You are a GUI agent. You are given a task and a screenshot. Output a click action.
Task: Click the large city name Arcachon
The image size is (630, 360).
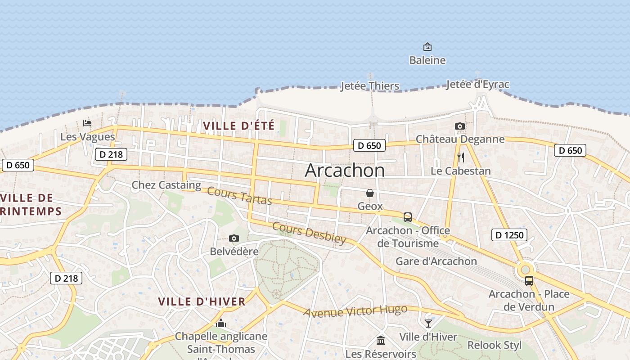345,171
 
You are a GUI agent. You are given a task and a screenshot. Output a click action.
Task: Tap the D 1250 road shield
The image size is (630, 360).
509,235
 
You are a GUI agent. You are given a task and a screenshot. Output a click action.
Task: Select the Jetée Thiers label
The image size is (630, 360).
370,86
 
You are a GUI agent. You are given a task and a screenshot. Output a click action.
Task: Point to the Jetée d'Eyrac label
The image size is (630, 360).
477,84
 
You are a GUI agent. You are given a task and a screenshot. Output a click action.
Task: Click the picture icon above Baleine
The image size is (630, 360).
427,47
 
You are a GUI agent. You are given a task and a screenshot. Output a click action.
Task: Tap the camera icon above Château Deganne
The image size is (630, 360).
459,126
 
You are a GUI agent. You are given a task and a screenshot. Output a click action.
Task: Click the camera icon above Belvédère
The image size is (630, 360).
234,238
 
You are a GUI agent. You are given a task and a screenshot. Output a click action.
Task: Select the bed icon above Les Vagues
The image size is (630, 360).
87,123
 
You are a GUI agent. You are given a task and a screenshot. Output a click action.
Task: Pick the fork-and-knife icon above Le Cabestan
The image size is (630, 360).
460,157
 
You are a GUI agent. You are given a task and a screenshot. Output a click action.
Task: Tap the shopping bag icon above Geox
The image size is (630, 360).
370,193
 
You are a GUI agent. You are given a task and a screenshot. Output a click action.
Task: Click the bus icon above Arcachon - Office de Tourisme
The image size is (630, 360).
408,217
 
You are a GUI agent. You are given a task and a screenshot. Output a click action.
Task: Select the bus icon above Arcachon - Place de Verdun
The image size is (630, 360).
529,281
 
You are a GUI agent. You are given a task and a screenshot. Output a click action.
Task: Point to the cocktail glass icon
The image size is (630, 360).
428,323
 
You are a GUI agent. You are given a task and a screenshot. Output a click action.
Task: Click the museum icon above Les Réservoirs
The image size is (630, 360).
381,340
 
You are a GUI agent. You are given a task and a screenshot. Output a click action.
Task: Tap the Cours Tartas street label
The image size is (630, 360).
239,196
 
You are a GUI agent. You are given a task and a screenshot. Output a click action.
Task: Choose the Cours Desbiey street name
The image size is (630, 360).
309,233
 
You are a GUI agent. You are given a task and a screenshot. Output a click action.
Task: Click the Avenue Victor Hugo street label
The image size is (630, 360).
355,311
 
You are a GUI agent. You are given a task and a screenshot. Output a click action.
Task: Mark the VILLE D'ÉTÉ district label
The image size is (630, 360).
238,126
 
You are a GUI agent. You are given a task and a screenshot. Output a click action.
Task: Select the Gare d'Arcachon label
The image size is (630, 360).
436,261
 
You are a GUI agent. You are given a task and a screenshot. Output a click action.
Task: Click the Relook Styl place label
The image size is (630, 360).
495,345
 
